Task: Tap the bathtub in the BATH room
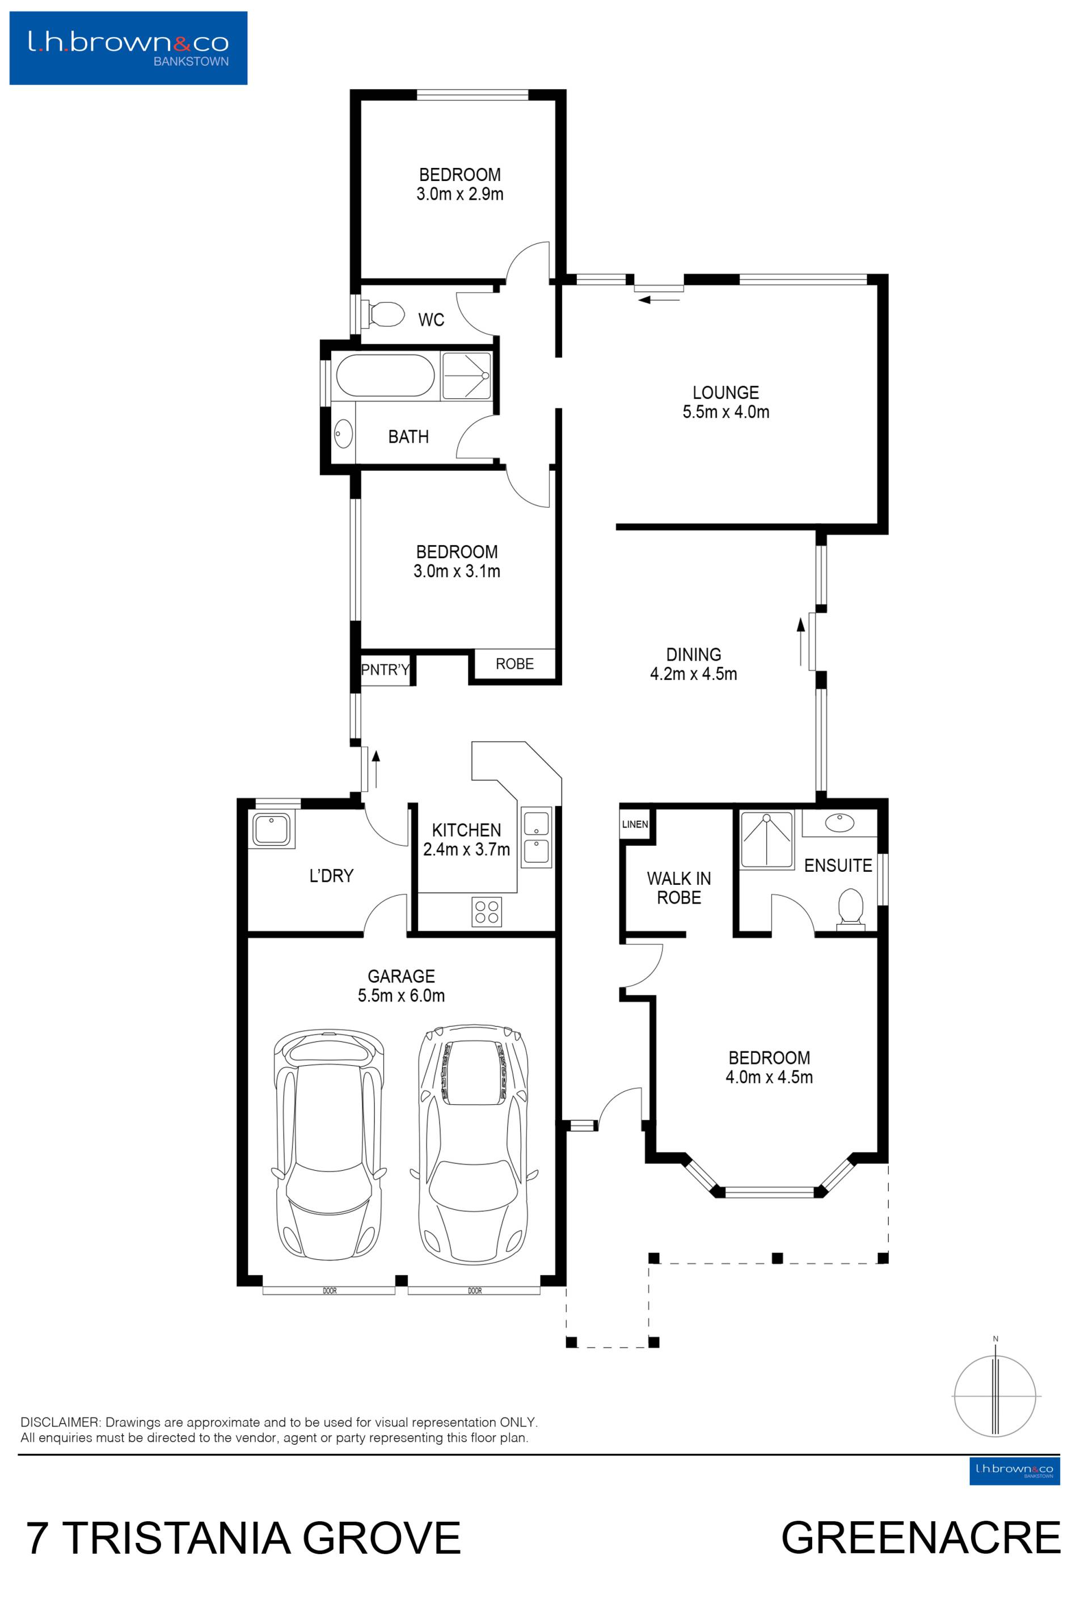(385, 375)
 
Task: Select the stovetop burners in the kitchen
(487, 912)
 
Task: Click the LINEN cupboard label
(635, 824)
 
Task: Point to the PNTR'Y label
(385, 669)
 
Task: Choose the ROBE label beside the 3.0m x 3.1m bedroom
(514, 664)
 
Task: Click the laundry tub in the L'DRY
(272, 829)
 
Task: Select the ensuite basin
(839, 823)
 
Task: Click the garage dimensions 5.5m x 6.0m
(401, 995)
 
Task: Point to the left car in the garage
(330, 1146)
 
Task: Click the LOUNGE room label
(726, 393)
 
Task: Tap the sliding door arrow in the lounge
(659, 299)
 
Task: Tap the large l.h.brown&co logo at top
(129, 48)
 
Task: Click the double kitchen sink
(537, 837)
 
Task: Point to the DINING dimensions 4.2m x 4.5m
(694, 674)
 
